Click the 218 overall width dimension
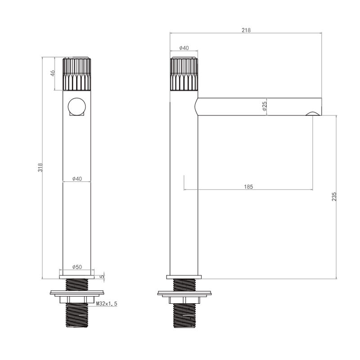(246, 30)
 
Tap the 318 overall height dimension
(40, 167)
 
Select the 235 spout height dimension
(334, 197)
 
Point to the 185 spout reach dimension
(248, 187)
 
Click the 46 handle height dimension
(53, 73)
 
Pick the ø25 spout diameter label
(265, 106)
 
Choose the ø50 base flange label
(77, 267)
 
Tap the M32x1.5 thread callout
(107, 303)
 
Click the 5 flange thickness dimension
(102, 276)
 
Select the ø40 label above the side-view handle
(184, 48)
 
